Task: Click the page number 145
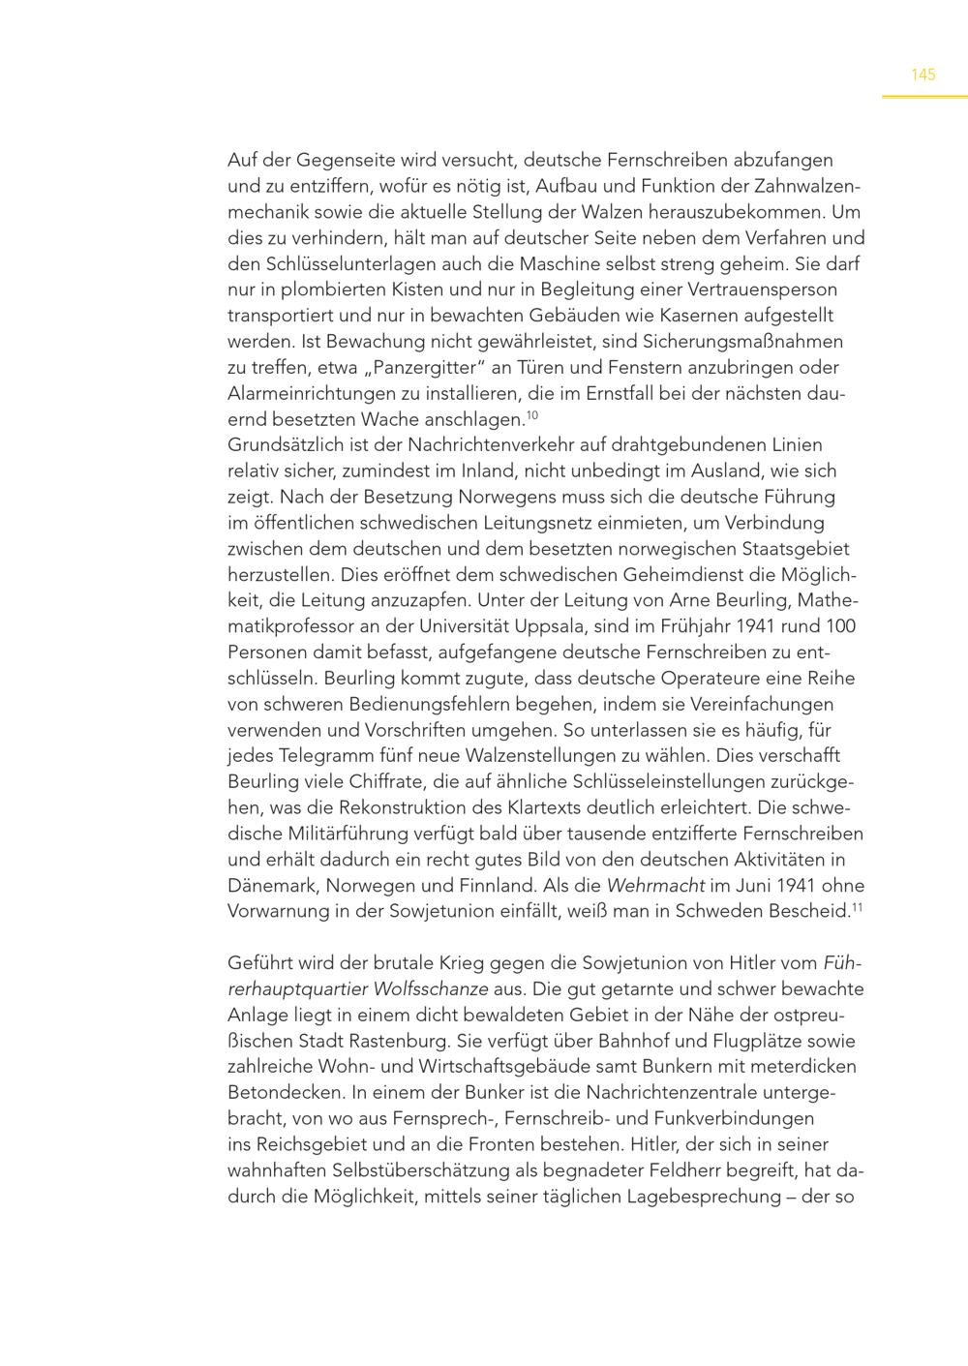tap(923, 75)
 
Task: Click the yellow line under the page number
tap(923, 97)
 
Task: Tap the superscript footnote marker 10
tap(531, 415)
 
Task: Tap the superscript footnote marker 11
tap(857, 907)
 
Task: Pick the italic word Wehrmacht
tap(654, 886)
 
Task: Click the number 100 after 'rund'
tap(843, 626)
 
